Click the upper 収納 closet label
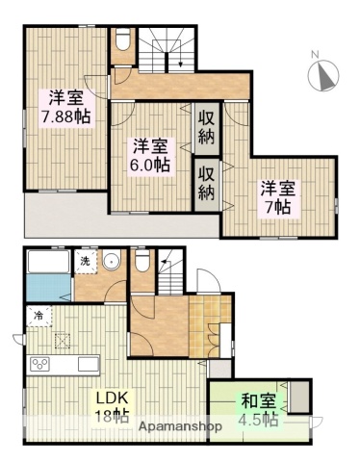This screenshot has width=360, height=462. [x=207, y=124]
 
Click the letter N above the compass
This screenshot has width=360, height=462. [x=315, y=54]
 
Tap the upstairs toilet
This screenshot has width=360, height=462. [x=123, y=42]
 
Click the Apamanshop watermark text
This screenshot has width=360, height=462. [x=180, y=425]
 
